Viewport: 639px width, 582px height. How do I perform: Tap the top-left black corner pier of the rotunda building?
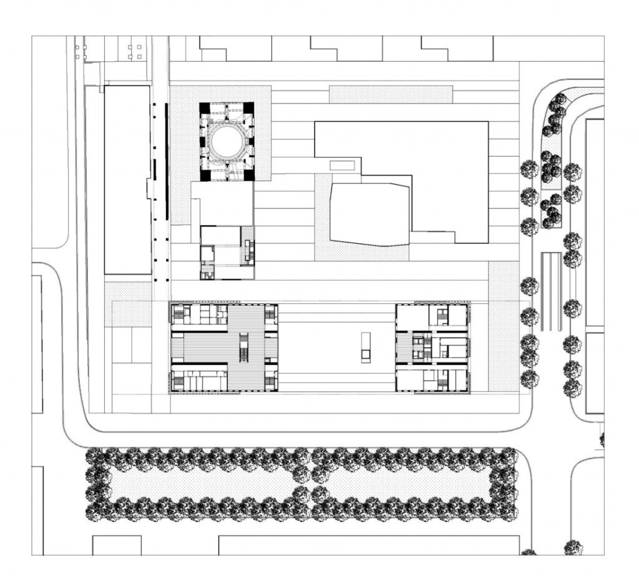pos(204,107)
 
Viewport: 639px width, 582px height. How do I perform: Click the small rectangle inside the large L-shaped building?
pos(342,165)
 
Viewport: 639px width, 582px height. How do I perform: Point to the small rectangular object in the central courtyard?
pos(366,347)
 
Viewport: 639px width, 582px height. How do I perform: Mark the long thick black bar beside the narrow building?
pos(166,162)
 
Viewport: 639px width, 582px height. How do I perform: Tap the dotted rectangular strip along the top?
pos(390,94)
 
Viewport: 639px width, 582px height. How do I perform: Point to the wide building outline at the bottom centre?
pos(368,545)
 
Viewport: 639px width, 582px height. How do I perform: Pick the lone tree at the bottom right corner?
pos(573,548)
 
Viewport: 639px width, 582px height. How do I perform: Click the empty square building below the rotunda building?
pos(222,203)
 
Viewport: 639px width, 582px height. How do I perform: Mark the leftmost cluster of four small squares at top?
pos(79,52)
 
